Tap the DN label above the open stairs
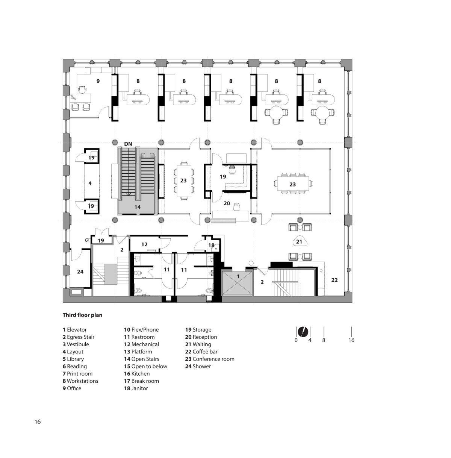[128, 144]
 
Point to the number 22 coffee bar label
[334, 280]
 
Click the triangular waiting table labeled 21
[299, 242]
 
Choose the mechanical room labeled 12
[144, 244]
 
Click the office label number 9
[98, 81]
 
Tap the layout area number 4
[90, 183]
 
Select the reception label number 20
[227, 203]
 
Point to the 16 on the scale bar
[351, 340]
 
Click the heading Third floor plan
[82, 315]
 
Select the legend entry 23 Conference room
[210, 359]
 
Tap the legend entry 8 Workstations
[80, 381]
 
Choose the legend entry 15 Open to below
[146, 366]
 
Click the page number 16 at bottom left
[38, 422]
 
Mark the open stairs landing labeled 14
[138, 207]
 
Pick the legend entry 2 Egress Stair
[79, 337]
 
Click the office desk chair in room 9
[82, 89]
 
